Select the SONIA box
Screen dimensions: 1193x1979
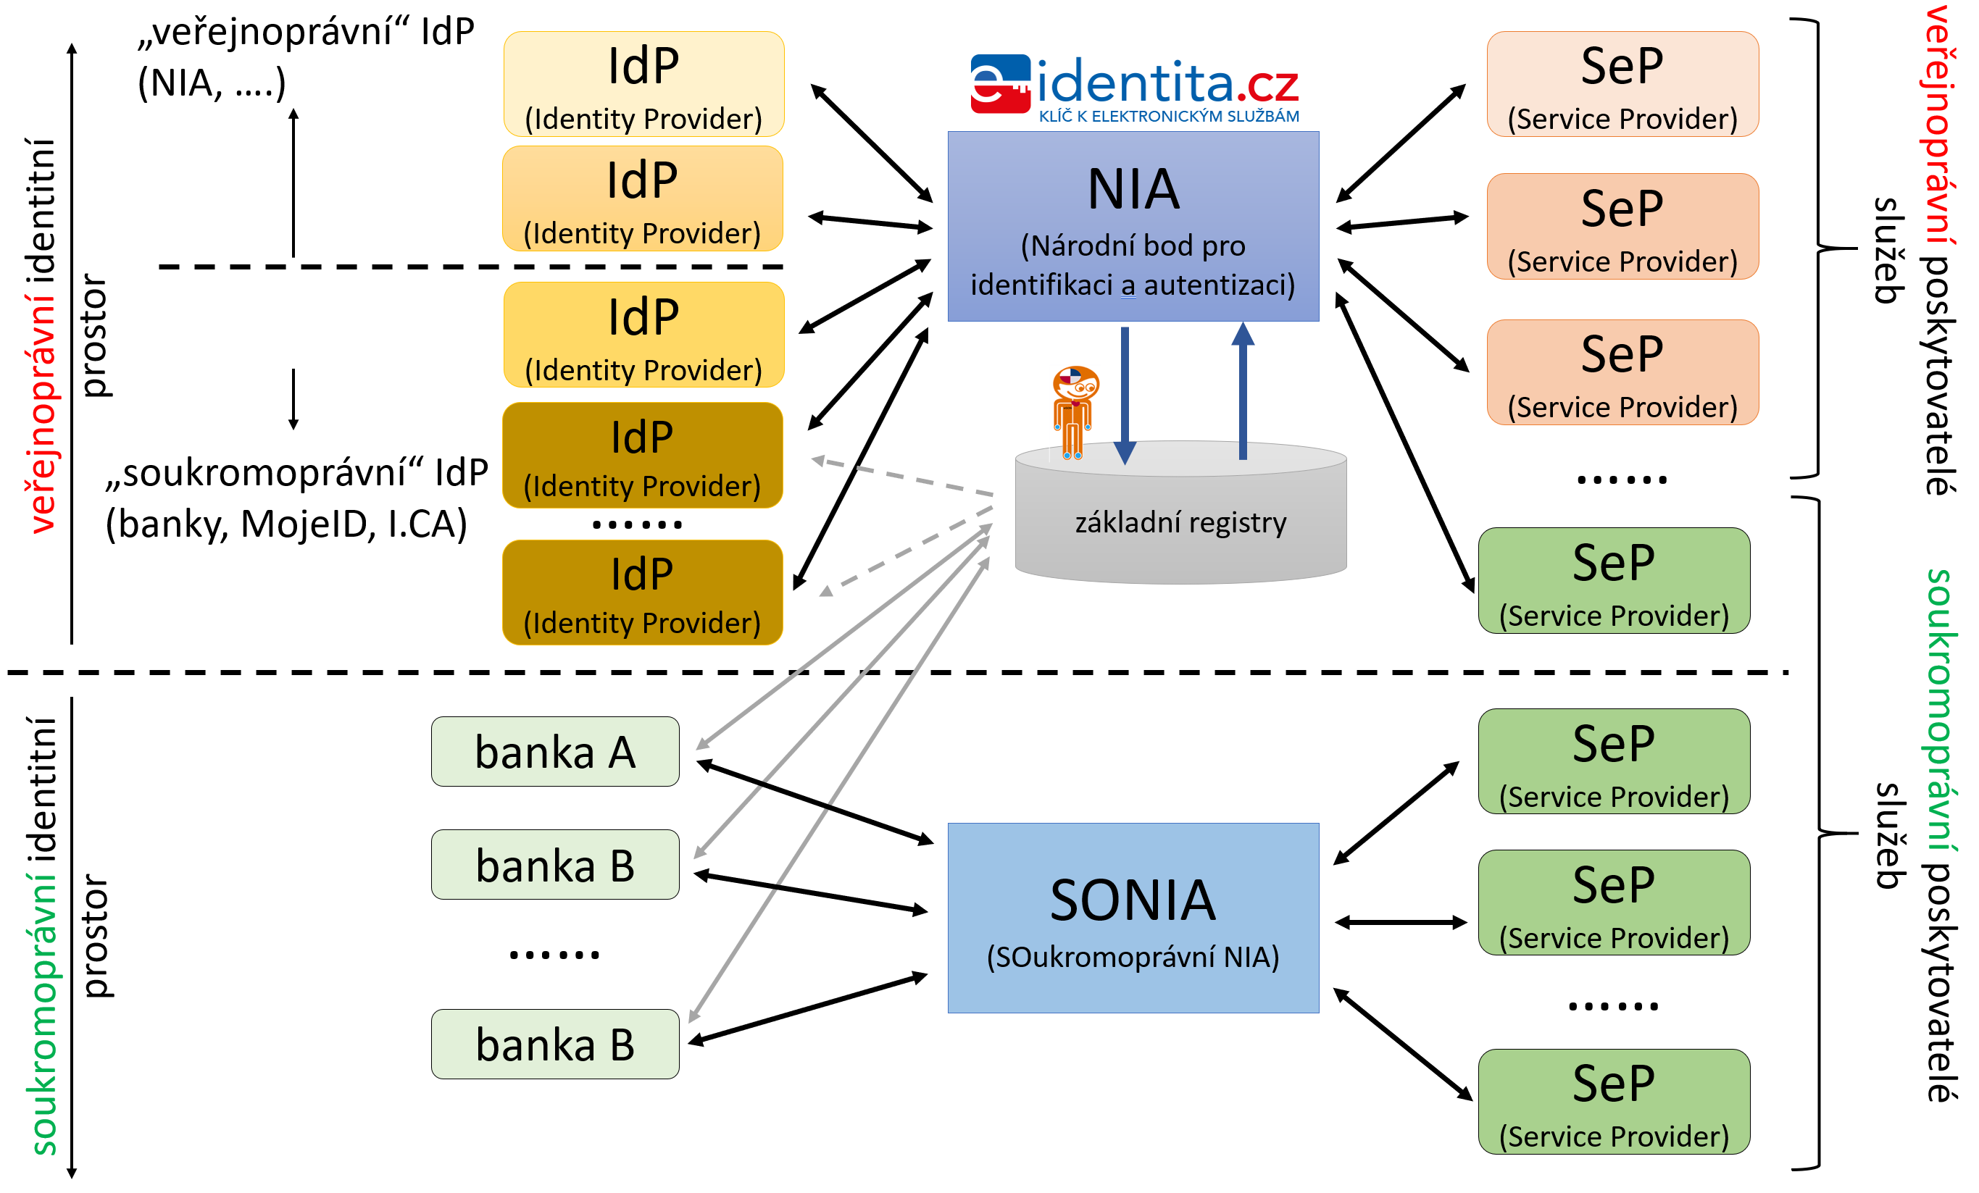point(1133,917)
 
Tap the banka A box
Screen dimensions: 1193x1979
point(555,751)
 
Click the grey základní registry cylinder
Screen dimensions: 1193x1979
point(1180,522)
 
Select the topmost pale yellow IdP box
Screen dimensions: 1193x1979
point(643,84)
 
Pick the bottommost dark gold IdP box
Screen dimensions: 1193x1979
point(643,593)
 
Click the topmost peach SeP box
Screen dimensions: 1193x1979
point(1622,84)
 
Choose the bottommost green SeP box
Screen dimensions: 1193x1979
point(1614,1102)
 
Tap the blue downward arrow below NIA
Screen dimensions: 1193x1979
point(1125,393)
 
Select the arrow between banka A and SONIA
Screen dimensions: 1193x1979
point(814,802)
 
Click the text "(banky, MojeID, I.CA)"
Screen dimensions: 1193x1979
point(286,524)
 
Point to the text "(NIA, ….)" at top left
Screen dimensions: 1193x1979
point(211,83)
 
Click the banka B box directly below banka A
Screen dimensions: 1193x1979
point(555,865)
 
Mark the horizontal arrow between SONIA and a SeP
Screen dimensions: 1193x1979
point(1401,922)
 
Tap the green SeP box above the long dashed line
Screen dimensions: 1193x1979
point(1614,580)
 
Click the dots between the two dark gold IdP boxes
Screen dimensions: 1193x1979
point(637,525)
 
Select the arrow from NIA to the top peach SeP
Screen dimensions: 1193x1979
point(1401,143)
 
